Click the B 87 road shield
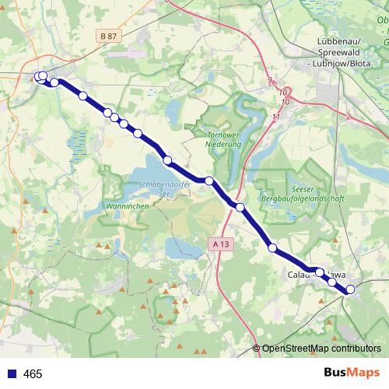pos(110,36)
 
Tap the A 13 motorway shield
pos(222,244)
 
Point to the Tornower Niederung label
pos(226,139)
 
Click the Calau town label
pos(299,275)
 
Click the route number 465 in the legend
pos(33,374)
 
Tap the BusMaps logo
pos(350,373)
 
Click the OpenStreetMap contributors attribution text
pos(321,349)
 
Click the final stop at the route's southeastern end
pos(350,289)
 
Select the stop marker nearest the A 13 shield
pos(240,207)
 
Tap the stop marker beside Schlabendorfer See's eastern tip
pos(209,180)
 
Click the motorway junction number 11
pos(275,117)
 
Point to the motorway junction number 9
pos(269,81)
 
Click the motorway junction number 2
pos(349,116)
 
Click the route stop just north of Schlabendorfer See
pos(167,160)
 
